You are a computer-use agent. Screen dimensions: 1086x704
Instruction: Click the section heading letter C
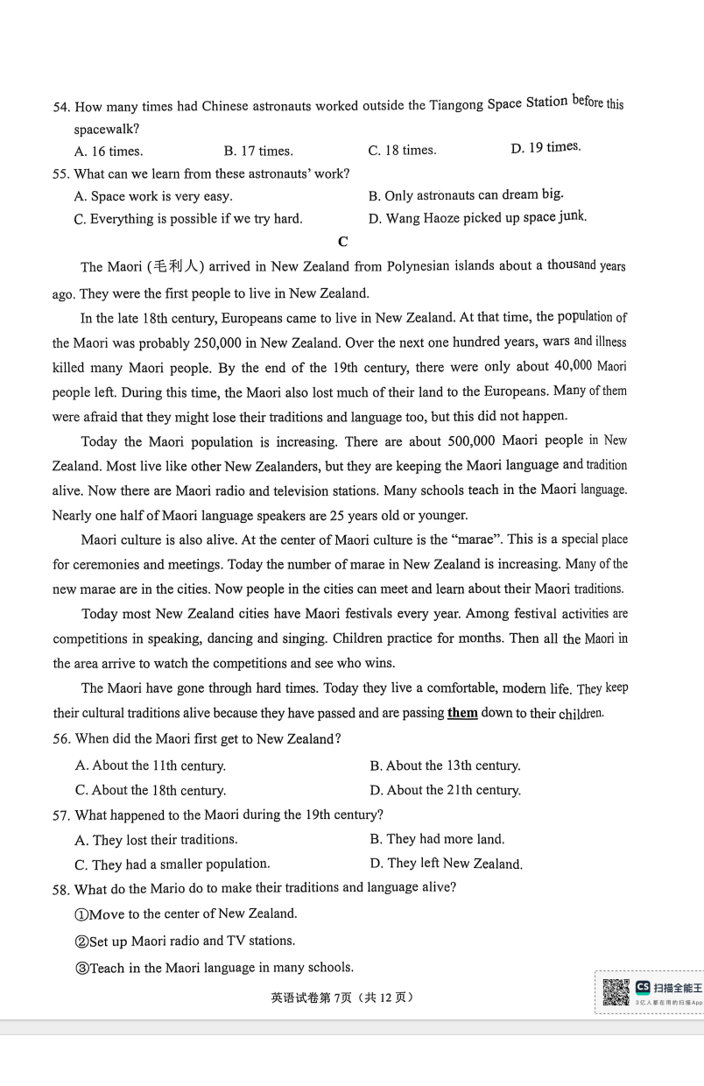click(342, 242)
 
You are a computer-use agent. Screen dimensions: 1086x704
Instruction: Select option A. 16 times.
click(109, 151)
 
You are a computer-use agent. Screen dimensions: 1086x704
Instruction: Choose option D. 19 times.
click(545, 147)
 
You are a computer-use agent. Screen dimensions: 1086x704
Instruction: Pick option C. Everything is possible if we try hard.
click(188, 219)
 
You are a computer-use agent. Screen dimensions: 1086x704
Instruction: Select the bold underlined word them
click(462, 712)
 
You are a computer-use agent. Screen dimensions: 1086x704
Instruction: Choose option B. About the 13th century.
click(445, 765)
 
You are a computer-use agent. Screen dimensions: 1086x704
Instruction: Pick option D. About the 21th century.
click(445, 790)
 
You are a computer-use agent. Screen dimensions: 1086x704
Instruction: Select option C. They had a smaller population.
click(172, 864)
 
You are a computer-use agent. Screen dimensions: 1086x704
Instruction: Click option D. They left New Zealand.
click(446, 864)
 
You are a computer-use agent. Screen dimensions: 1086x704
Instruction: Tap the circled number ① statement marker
click(81, 913)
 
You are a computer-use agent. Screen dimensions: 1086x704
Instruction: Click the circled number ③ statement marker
click(81, 968)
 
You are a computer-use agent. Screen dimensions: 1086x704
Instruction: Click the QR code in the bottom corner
click(616, 992)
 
